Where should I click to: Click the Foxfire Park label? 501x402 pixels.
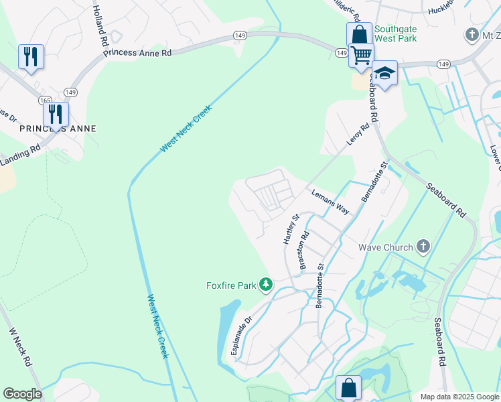(x=231, y=286)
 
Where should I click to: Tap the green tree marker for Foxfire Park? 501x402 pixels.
(x=266, y=285)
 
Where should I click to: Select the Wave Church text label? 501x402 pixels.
(x=384, y=247)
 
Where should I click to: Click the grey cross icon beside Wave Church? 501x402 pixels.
(x=422, y=247)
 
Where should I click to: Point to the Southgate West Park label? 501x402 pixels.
(x=395, y=33)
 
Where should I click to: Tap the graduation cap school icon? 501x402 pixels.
(x=384, y=73)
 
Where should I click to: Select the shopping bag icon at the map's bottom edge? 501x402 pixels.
(x=349, y=388)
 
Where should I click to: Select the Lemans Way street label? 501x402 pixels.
(x=330, y=201)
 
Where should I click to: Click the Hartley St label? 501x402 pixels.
(x=291, y=229)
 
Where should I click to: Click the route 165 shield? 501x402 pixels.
(x=45, y=100)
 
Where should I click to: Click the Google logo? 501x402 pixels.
(x=22, y=394)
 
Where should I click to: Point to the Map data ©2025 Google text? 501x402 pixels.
(x=459, y=397)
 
